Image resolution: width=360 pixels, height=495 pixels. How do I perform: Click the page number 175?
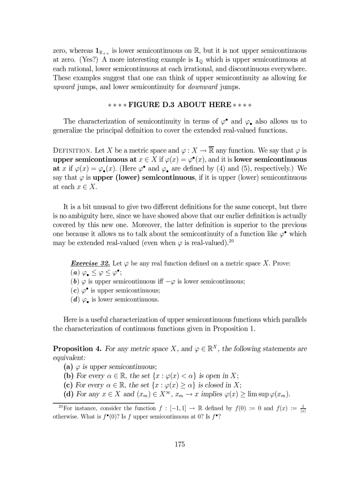pos(180,444)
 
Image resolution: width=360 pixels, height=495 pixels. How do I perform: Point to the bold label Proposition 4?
pos(77,349)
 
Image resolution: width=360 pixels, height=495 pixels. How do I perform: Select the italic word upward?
pos(64,87)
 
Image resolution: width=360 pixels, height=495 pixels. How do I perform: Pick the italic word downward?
pos(203,87)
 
